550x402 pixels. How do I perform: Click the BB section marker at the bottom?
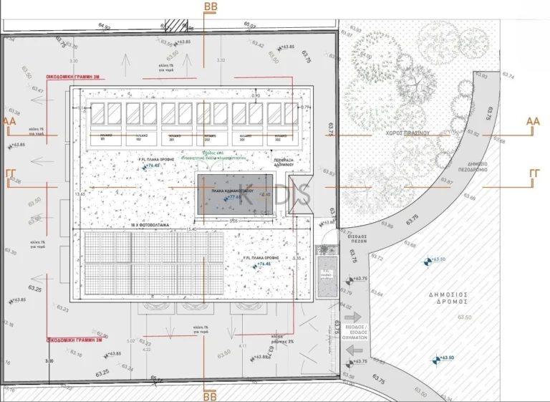[x=210, y=394]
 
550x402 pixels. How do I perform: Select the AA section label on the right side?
[x=533, y=122]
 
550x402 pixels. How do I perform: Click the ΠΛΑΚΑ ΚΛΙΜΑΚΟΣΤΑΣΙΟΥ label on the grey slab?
[x=236, y=191]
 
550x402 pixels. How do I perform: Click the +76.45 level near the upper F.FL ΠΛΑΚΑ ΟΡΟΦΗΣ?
[x=152, y=166]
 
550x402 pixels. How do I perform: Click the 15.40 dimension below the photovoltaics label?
[x=190, y=230]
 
